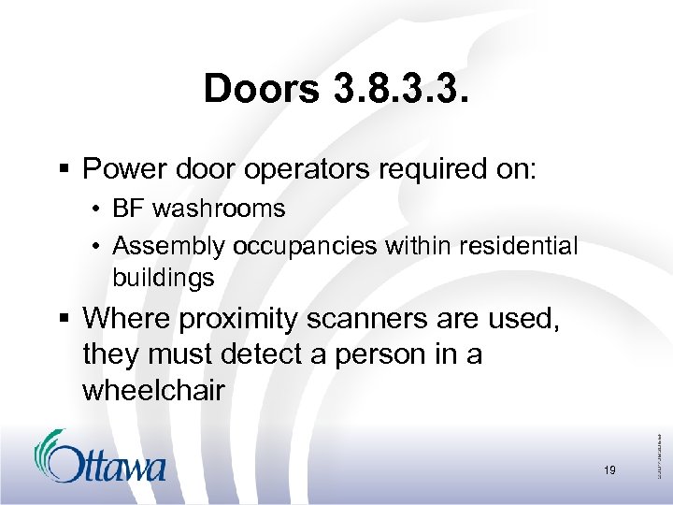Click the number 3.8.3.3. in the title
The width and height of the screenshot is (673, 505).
click(x=398, y=90)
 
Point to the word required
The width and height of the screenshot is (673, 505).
click(x=422, y=169)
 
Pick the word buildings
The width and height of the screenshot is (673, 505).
click(x=164, y=278)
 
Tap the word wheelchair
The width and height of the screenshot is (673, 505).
click(x=153, y=390)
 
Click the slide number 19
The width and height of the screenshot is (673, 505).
click(x=609, y=470)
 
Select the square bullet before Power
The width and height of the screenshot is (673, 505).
click(x=66, y=170)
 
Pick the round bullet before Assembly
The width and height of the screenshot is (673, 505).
click(x=98, y=247)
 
